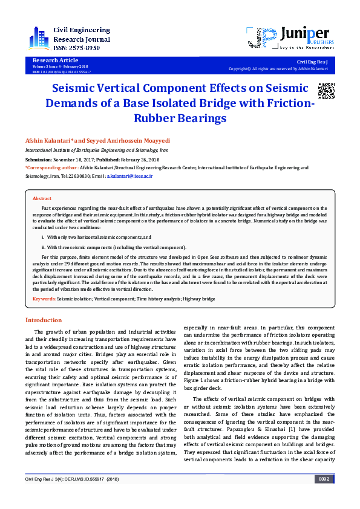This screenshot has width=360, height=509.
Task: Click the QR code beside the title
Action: coord(326,90)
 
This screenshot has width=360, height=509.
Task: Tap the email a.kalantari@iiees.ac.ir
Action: coord(129,175)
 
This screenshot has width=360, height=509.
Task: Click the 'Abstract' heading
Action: coord(42,198)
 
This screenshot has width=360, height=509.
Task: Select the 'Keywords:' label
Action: coord(44,299)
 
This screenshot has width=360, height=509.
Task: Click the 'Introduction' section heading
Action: coord(43,320)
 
